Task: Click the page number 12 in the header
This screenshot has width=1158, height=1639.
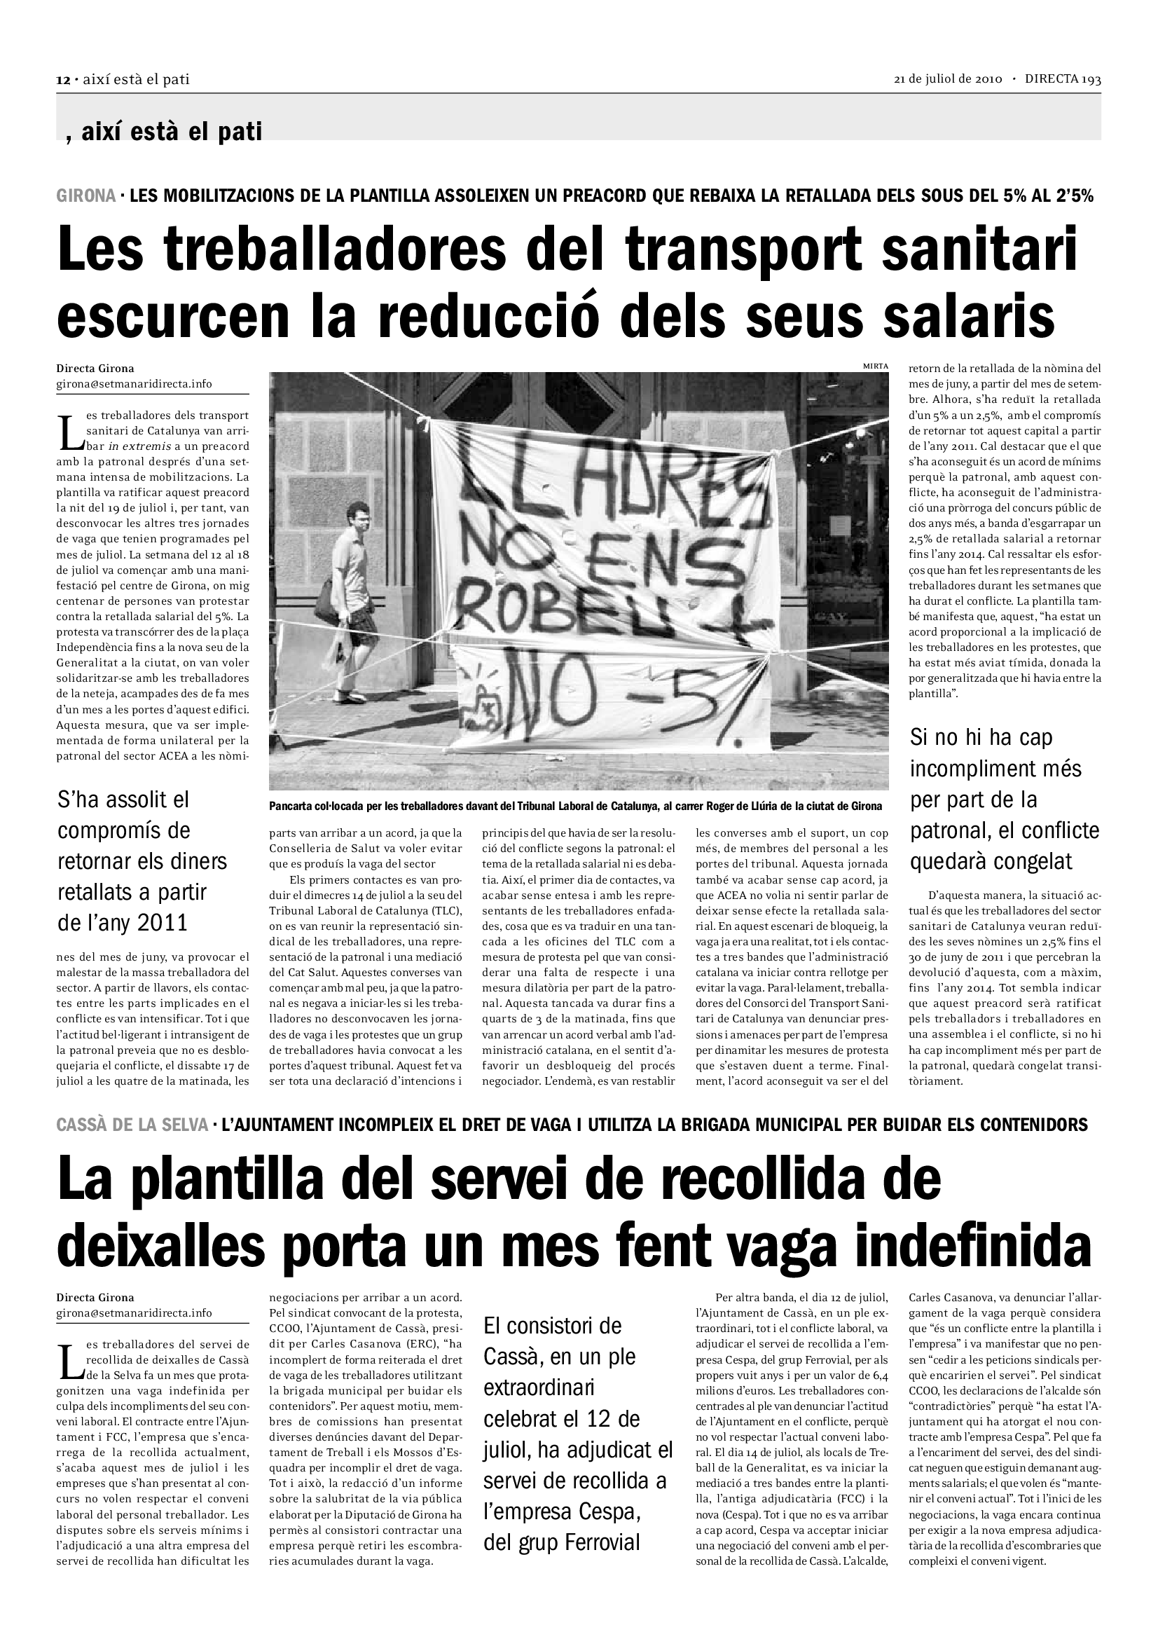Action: pos(63,80)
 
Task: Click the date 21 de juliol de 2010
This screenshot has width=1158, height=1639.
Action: pos(949,79)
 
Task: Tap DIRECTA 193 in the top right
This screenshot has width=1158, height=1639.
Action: pos(1063,79)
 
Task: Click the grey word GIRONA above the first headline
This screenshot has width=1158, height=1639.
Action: pos(85,196)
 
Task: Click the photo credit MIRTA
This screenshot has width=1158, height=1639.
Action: pos(876,366)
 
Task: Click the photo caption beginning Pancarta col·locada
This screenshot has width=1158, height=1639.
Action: pos(575,806)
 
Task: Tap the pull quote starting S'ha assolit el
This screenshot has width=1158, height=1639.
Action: pos(142,861)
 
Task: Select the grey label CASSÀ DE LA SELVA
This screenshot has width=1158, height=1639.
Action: pos(132,1125)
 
